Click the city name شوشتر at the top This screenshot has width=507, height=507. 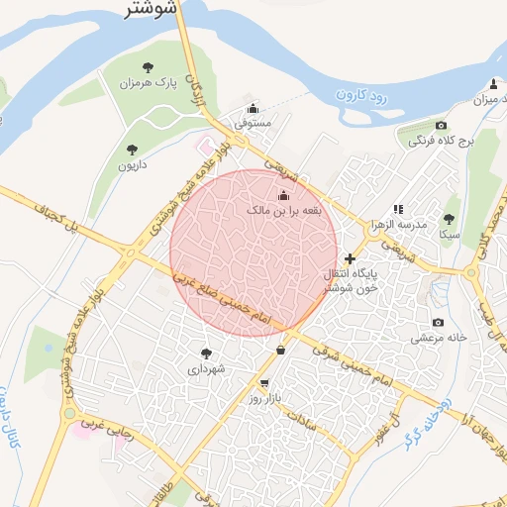(152, 11)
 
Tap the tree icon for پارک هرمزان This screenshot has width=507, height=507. (148, 67)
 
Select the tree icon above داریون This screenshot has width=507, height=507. (132, 150)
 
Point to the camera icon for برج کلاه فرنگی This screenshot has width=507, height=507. (442, 125)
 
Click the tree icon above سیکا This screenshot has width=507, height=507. (449, 220)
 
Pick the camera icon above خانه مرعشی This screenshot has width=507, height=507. (438, 323)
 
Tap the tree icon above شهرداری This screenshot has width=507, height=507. (206, 354)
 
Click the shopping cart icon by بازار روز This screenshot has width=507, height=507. (264, 383)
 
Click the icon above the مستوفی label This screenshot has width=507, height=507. (253, 108)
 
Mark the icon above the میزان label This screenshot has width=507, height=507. (494, 83)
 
